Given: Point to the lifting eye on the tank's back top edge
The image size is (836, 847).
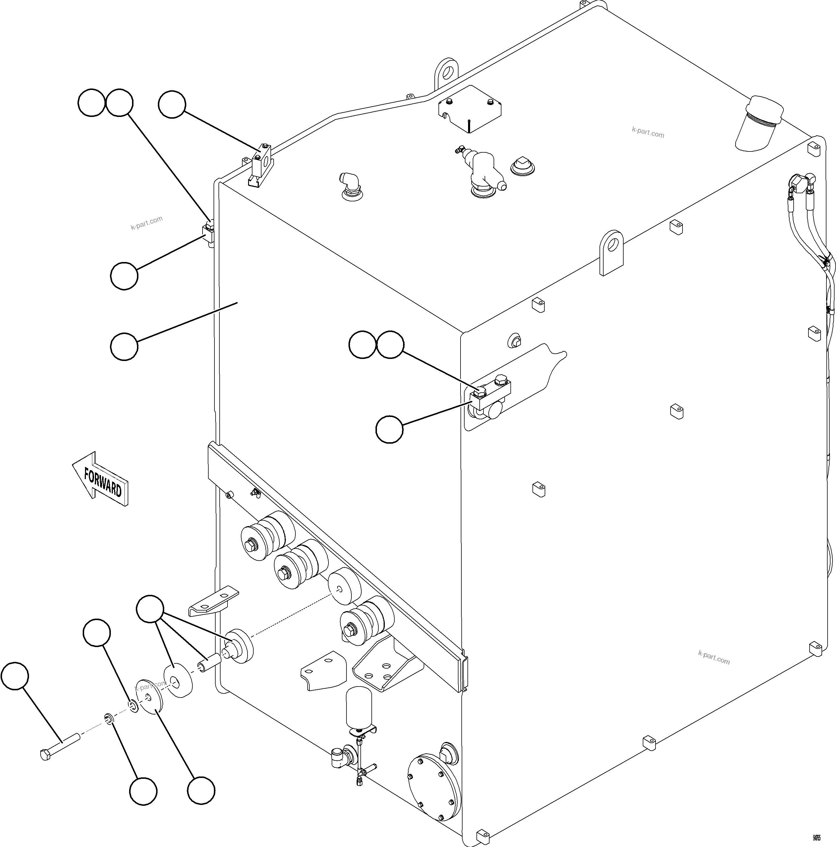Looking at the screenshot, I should click(x=446, y=72).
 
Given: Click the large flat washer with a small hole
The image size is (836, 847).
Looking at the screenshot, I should click(x=149, y=697).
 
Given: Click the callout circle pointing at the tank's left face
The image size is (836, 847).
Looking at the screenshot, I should click(x=124, y=346).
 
